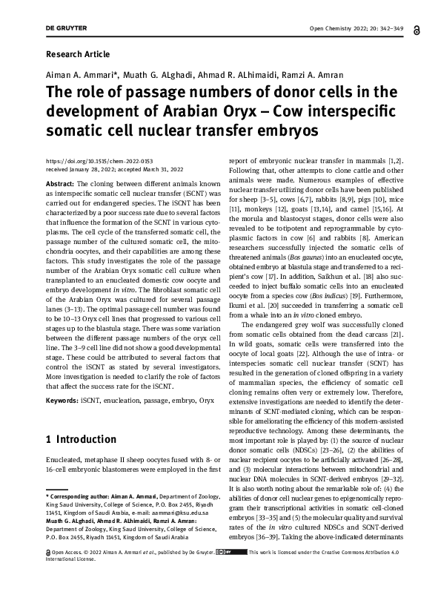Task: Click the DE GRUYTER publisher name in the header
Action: click(x=66, y=28)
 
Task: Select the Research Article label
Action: click(x=77, y=54)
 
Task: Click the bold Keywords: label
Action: click(x=62, y=400)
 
